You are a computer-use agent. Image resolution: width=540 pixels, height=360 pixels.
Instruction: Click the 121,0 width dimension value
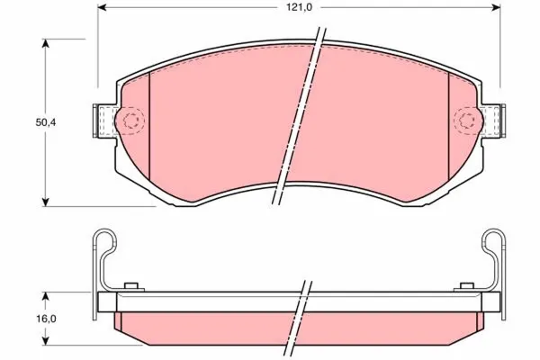coord(300,7)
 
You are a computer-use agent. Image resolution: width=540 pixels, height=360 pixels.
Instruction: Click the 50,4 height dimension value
coord(46,122)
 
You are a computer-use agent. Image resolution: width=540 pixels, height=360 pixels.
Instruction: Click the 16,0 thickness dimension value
coord(46,319)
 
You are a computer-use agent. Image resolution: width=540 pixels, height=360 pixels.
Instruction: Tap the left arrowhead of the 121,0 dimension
coord(103,7)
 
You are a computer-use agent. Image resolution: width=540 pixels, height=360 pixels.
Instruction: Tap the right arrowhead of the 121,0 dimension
coord(496,7)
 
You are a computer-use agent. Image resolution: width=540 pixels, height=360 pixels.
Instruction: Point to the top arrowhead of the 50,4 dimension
coord(46,43)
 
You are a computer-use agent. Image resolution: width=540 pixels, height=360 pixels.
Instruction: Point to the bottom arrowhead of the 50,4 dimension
coord(46,202)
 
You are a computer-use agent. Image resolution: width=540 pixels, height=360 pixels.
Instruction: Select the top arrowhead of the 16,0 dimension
coord(46,297)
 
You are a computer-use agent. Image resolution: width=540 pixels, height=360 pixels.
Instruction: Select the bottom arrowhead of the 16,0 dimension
coord(46,340)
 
